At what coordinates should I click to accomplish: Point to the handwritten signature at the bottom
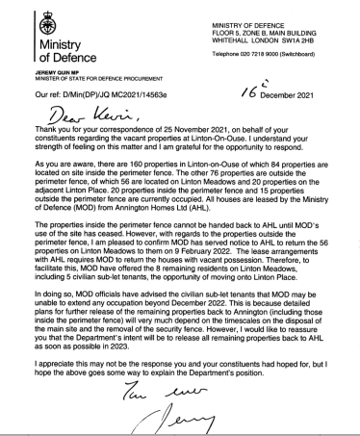[190, 419]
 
